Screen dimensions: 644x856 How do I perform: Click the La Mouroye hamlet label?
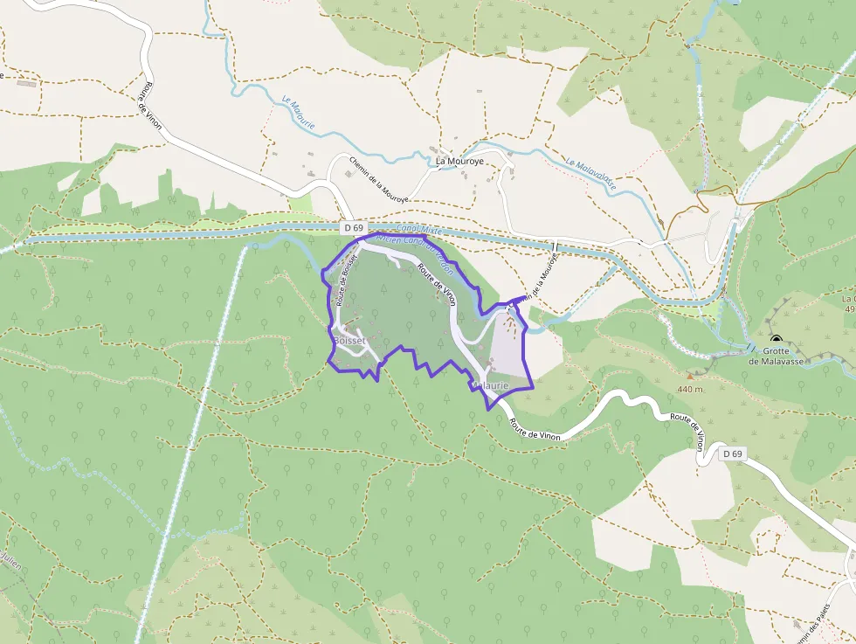click(x=460, y=161)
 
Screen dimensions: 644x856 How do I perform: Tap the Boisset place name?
click(x=349, y=340)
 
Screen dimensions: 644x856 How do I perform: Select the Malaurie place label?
click(x=490, y=384)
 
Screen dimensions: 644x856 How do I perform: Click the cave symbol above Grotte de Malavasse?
click(x=776, y=339)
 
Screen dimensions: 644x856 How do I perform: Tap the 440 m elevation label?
click(x=688, y=389)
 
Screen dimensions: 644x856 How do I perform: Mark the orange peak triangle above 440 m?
click(x=688, y=377)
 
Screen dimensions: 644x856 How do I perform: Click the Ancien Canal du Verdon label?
click(x=414, y=248)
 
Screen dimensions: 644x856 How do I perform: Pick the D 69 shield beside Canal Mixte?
click(x=353, y=228)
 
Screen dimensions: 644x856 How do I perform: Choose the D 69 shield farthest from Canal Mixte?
click(x=732, y=454)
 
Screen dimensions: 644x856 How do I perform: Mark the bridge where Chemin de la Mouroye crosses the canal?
click(x=555, y=246)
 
